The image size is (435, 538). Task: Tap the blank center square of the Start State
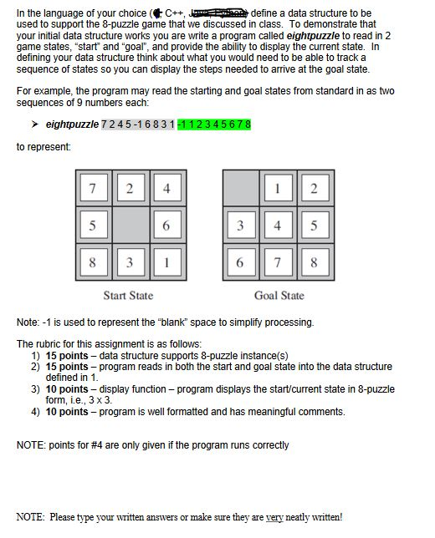pyautogui.click(x=130, y=225)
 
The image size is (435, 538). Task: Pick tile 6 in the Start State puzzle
pyautogui.click(x=166, y=225)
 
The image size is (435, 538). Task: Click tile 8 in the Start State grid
pyautogui.click(x=93, y=261)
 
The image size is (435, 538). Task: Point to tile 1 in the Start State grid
pyautogui.click(x=166, y=261)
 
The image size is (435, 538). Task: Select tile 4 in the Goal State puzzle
pyautogui.click(x=277, y=225)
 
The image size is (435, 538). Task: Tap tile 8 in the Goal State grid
pyautogui.click(x=314, y=261)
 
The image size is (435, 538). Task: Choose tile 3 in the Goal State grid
pyautogui.click(x=240, y=225)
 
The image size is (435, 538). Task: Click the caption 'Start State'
pyautogui.click(x=128, y=295)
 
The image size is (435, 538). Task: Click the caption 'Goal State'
pyautogui.click(x=279, y=295)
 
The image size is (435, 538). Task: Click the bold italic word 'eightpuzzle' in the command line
pyautogui.click(x=72, y=124)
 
